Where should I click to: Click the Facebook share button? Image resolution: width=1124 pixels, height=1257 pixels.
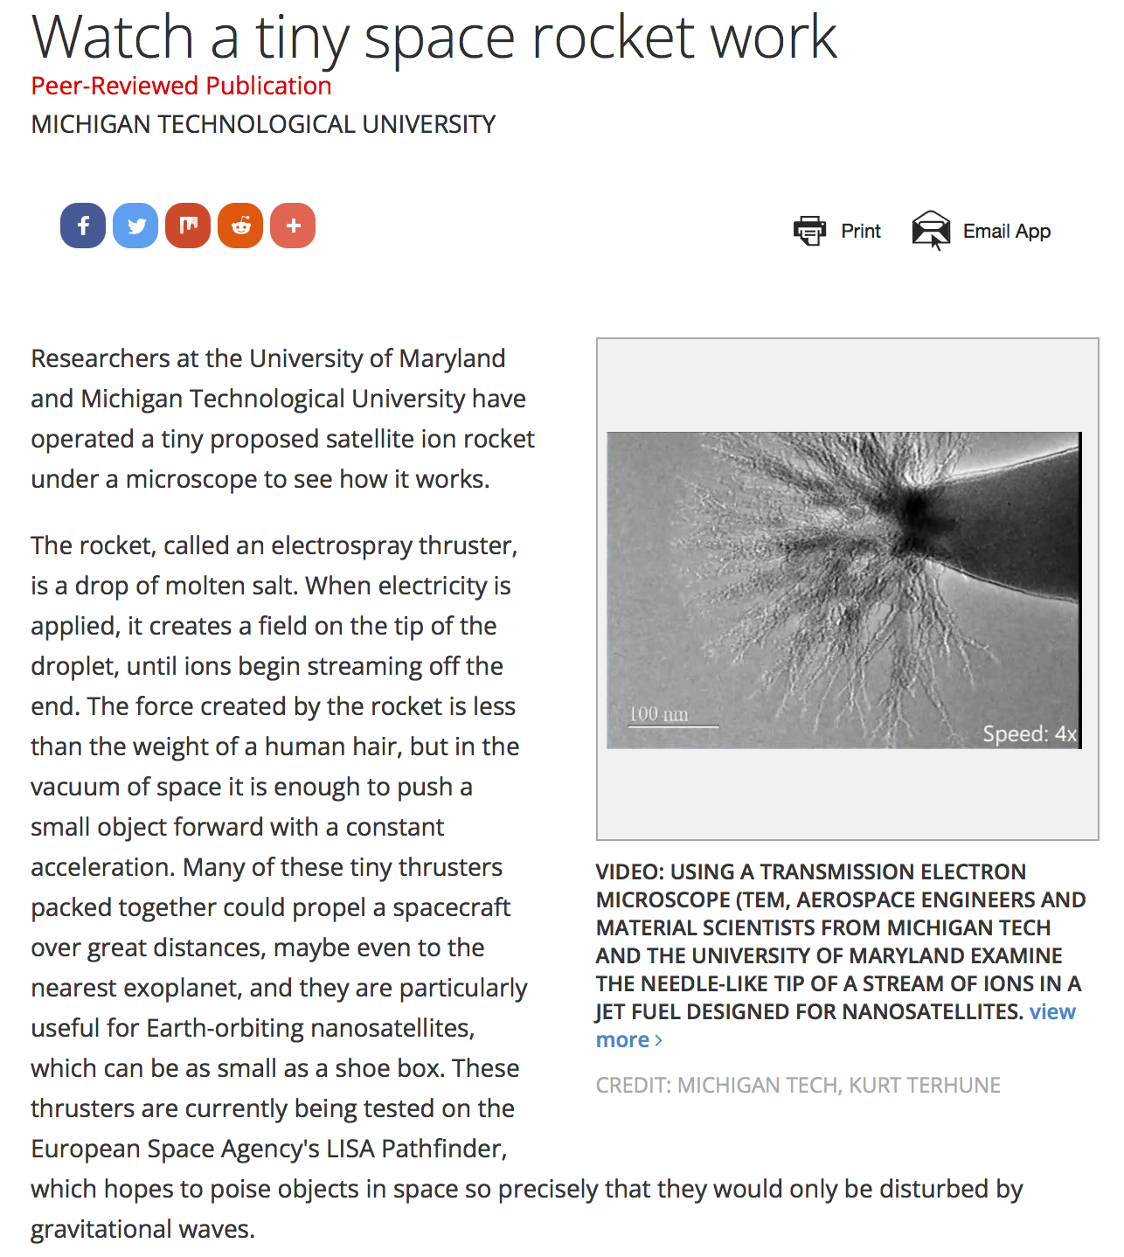[x=83, y=226]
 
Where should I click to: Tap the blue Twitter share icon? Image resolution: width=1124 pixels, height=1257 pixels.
[x=135, y=226]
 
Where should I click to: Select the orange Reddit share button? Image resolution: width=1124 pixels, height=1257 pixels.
[x=240, y=226]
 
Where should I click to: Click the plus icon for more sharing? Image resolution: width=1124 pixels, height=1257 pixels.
[x=293, y=226]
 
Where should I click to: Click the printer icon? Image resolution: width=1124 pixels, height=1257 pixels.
[x=809, y=231]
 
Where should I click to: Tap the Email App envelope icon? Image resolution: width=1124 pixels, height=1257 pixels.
[x=931, y=231]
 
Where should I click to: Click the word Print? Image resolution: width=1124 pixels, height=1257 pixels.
[x=861, y=232]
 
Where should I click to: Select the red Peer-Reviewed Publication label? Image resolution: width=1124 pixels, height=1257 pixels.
[x=181, y=86]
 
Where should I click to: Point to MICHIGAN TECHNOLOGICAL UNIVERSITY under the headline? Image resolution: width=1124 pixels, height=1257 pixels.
[x=263, y=124]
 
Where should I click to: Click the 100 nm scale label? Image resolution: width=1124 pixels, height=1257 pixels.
[x=659, y=714]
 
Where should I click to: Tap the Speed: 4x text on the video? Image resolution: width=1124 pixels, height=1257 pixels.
[x=1029, y=733]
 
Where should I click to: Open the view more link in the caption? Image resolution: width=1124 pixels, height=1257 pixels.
[x=1052, y=1012]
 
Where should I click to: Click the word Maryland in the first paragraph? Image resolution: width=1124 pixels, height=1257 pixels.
[x=452, y=358]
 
